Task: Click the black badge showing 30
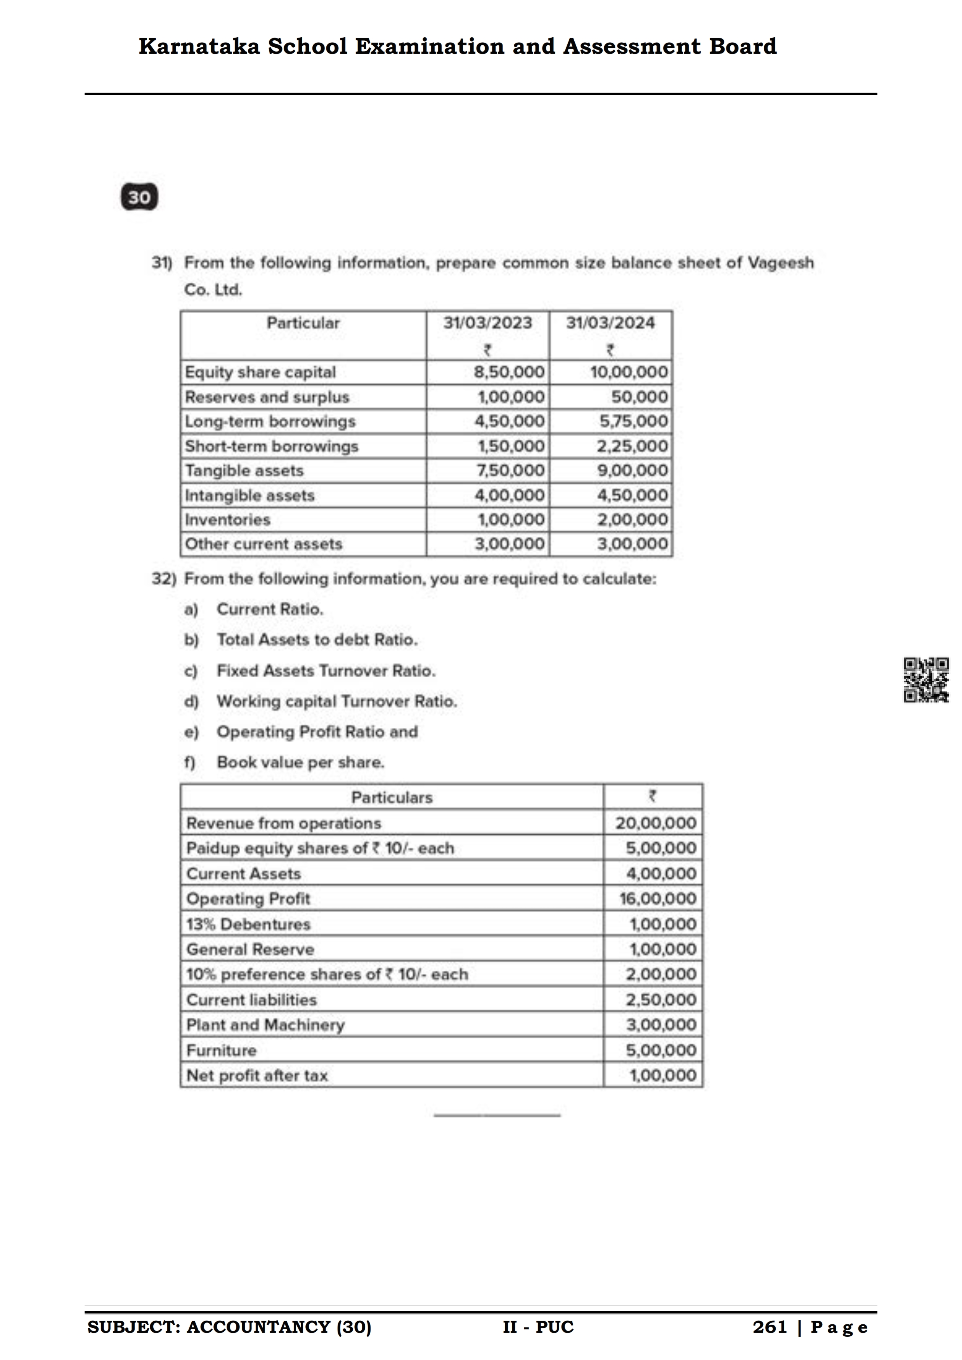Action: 139,197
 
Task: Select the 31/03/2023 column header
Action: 487,323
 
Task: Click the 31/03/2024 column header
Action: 610,323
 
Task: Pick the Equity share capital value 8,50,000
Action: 509,372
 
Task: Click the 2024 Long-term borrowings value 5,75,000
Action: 633,421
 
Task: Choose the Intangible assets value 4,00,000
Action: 509,495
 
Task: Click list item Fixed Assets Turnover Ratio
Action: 326,671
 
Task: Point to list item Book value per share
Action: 300,762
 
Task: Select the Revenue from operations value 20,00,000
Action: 655,823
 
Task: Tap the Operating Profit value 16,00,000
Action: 657,899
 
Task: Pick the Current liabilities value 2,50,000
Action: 660,1000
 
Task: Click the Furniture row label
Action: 221,1050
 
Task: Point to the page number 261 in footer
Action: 770,1327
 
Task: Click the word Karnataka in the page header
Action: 199,46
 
